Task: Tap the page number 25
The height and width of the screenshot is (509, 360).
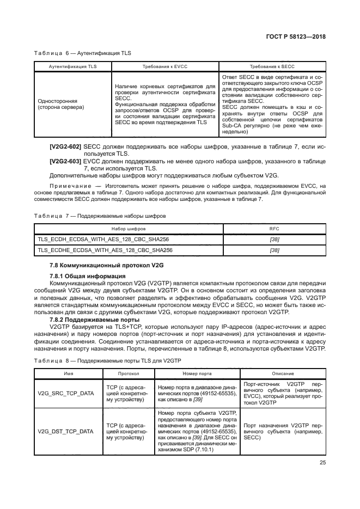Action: [x=321, y=463]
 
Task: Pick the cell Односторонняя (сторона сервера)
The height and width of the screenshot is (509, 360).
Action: [x=60, y=105]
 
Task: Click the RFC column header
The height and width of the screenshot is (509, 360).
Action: [x=274, y=229]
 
